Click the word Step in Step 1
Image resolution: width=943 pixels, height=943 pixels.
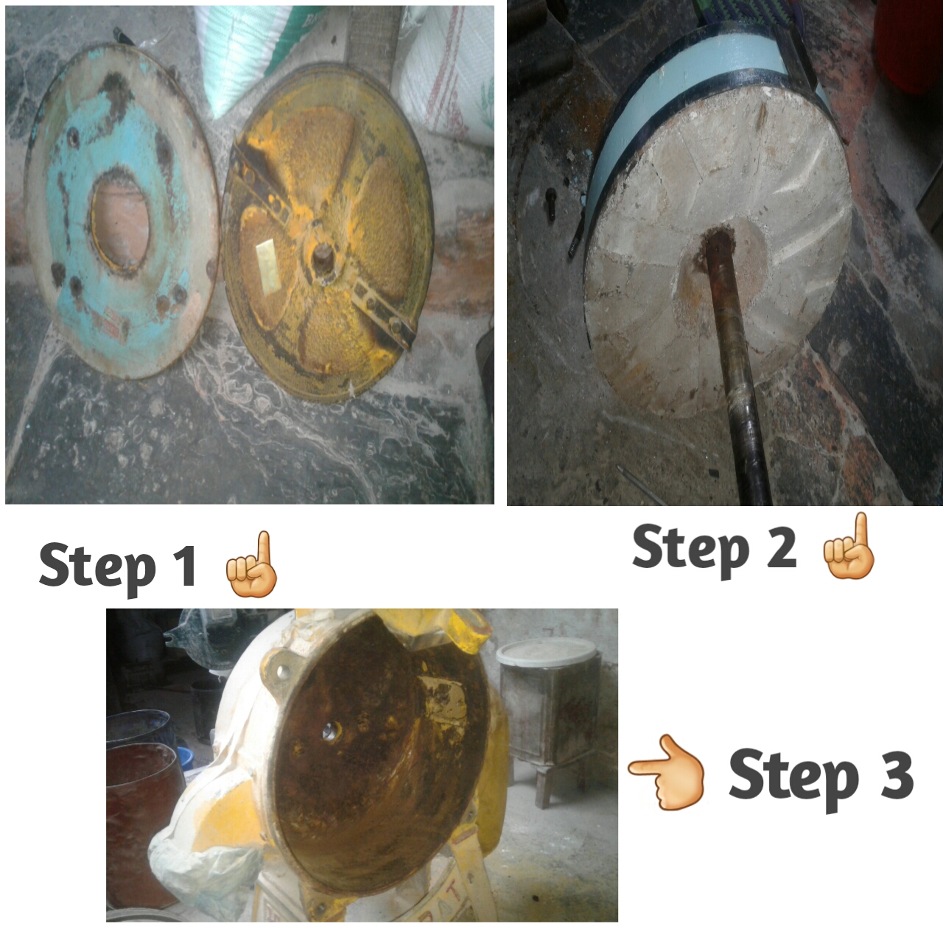coord(97,568)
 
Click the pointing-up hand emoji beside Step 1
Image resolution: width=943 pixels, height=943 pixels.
coord(253,564)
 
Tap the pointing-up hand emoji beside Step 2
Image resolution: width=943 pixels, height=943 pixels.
coord(848,546)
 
